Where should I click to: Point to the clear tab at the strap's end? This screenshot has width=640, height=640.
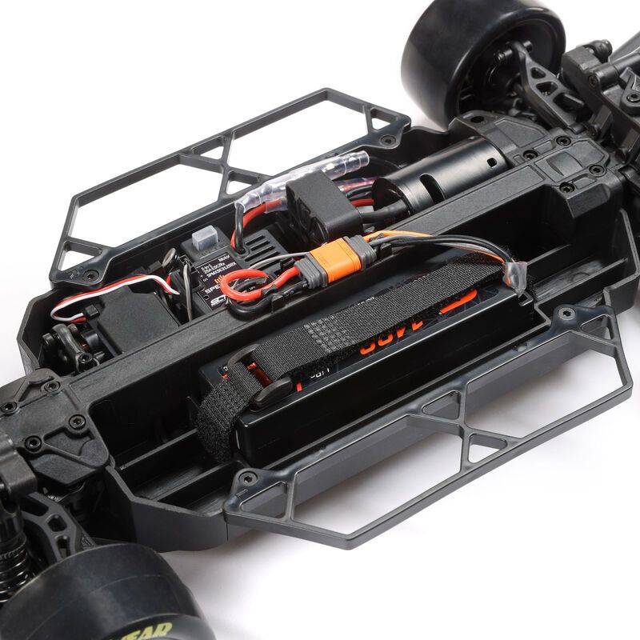coord(517,276)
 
